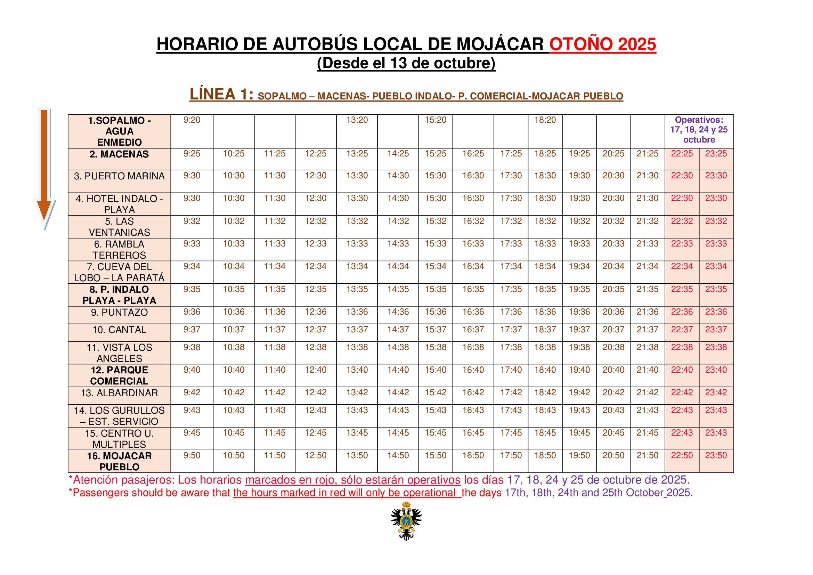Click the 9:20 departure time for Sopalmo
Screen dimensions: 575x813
coord(192,120)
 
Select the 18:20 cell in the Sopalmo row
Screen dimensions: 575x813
coord(545,120)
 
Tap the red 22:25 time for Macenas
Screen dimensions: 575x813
coord(682,154)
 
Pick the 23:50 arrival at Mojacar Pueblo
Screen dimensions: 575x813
coord(716,455)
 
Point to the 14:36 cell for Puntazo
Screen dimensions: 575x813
coord(398,312)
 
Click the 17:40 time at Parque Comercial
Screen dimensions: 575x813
coord(511,370)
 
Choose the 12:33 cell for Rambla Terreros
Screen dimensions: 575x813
coord(316,244)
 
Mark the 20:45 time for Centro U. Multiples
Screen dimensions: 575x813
coord(613,433)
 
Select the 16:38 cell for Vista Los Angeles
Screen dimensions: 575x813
coord(473,347)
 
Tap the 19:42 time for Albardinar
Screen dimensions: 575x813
coord(579,392)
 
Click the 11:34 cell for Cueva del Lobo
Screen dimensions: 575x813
coord(275,266)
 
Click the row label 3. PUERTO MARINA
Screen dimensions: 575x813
coord(119,176)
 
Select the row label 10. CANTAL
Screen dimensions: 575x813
coord(119,330)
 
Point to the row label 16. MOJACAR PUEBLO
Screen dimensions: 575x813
coord(119,461)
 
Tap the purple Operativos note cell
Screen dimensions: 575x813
coord(699,130)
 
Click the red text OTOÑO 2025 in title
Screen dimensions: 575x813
coord(602,44)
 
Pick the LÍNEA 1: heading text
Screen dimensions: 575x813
coord(221,95)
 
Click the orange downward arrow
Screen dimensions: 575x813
coord(44,167)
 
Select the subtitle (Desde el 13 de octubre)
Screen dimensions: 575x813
coord(406,63)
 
